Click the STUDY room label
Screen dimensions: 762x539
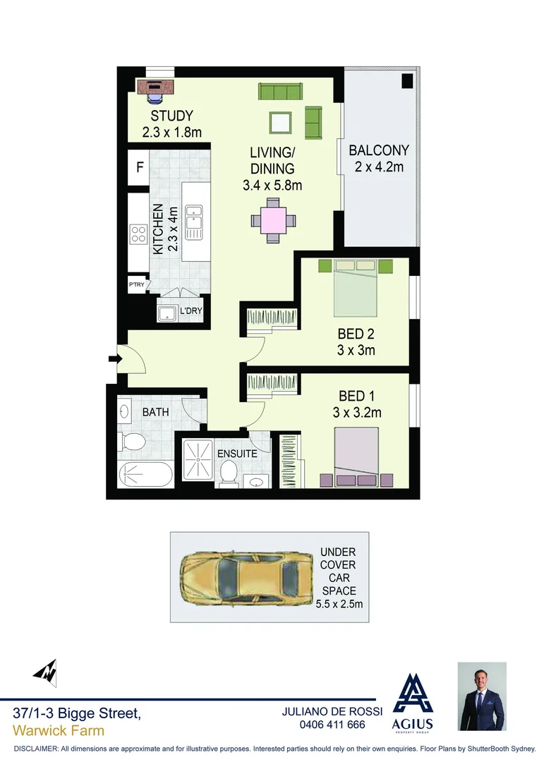[171, 116]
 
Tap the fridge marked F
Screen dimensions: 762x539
[140, 168]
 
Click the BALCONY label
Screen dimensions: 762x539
[378, 150]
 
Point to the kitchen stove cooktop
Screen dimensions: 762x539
[138, 234]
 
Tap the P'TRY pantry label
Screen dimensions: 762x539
[136, 285]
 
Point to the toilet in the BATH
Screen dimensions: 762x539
[132, 442]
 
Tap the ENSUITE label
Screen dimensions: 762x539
[237, 454]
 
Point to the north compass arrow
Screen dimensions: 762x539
[44, 671]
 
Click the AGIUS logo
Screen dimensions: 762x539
[412, 701]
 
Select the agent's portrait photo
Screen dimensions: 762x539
[482, 696]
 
